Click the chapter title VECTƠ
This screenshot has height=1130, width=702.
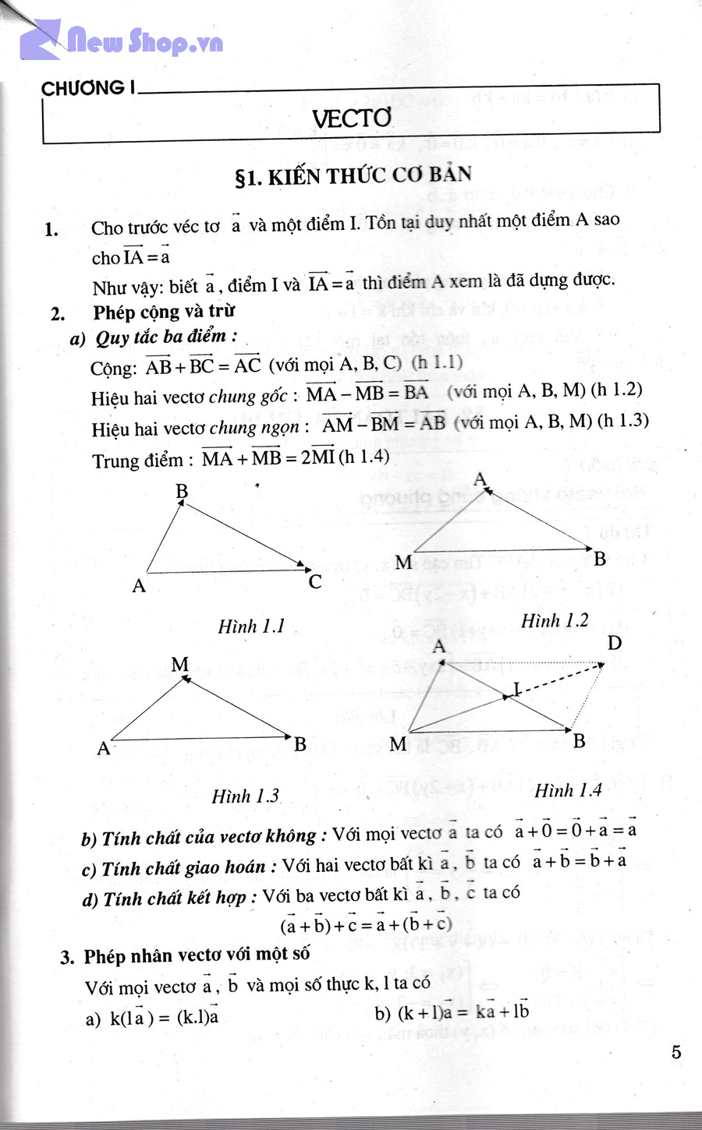352,118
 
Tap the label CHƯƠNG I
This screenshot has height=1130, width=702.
86,88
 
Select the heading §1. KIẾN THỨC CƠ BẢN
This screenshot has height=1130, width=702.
353,176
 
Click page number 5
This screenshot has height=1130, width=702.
675,1052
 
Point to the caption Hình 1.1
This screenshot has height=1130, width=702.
251,627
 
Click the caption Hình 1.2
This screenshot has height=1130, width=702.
555,621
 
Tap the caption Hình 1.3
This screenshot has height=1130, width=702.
245,796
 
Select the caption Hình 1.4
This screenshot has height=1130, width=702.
568,790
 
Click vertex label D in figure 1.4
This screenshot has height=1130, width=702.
615,643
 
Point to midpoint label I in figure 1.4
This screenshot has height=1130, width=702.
516,687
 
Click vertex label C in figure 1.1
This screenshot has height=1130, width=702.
315,581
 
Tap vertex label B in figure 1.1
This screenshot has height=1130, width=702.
182,491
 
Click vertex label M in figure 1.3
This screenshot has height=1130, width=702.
180,665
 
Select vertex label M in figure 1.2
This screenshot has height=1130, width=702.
403,562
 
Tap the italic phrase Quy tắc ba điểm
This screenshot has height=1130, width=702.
161,337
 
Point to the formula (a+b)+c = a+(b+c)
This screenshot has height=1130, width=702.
366,925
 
